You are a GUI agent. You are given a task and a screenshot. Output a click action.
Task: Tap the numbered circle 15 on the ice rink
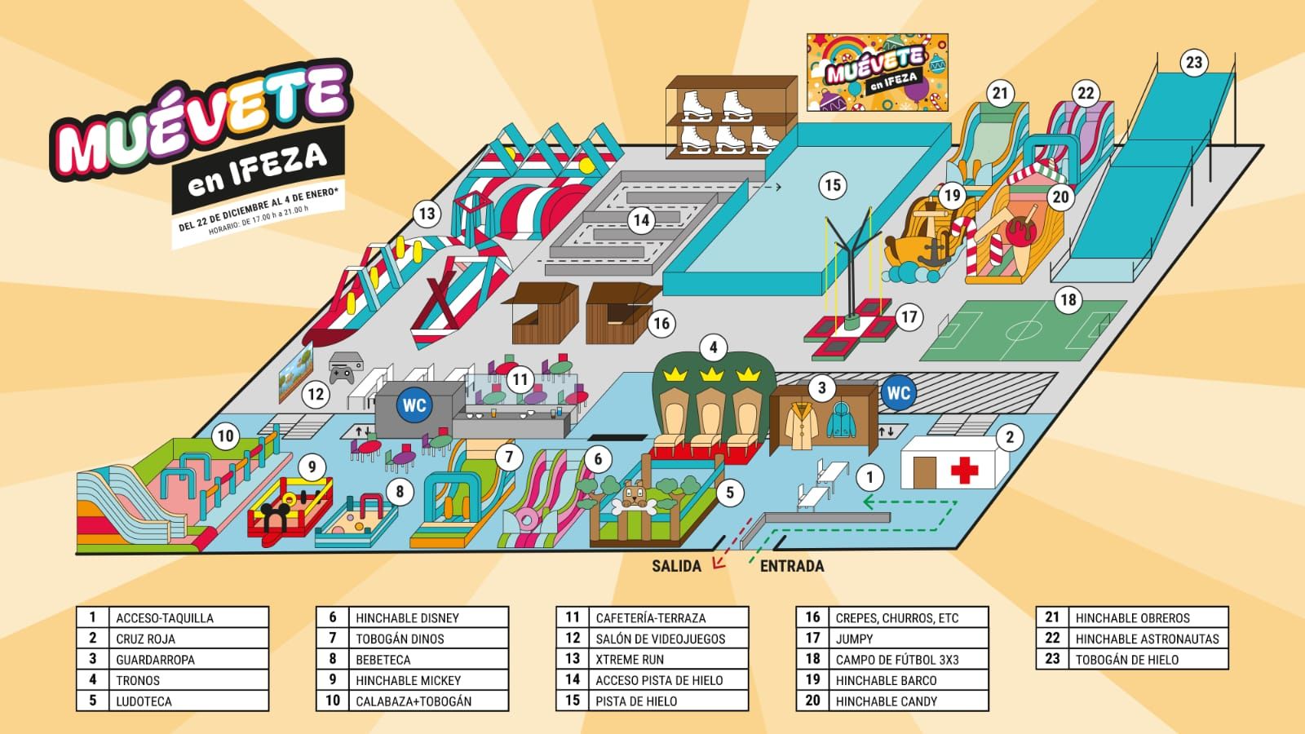pos(832,185)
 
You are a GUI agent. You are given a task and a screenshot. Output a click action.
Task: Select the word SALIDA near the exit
pos(676,566)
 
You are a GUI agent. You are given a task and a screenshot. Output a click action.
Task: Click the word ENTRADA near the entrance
pos(792,566)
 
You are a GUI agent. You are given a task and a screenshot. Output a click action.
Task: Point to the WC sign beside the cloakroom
pos(898,393)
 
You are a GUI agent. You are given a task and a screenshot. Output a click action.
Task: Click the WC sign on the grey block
pos(414,405)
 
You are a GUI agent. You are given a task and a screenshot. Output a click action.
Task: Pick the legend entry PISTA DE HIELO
pos(636,701)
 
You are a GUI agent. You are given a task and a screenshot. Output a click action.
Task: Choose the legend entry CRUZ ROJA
pos(145,639)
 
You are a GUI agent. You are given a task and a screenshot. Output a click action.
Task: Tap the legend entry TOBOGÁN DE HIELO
pos(1126,659)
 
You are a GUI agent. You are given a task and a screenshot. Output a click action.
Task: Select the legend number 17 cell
pos(812,639)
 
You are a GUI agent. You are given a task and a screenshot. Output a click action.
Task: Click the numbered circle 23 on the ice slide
pos(1193,63)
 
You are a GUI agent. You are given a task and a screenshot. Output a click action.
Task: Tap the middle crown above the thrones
pos(712,375)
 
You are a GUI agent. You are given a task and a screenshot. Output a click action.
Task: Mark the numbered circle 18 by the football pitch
pos(1068,300)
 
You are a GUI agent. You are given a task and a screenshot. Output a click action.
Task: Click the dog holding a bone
pos(634,497)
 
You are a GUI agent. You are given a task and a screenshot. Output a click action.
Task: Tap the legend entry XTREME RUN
pos(629,659)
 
